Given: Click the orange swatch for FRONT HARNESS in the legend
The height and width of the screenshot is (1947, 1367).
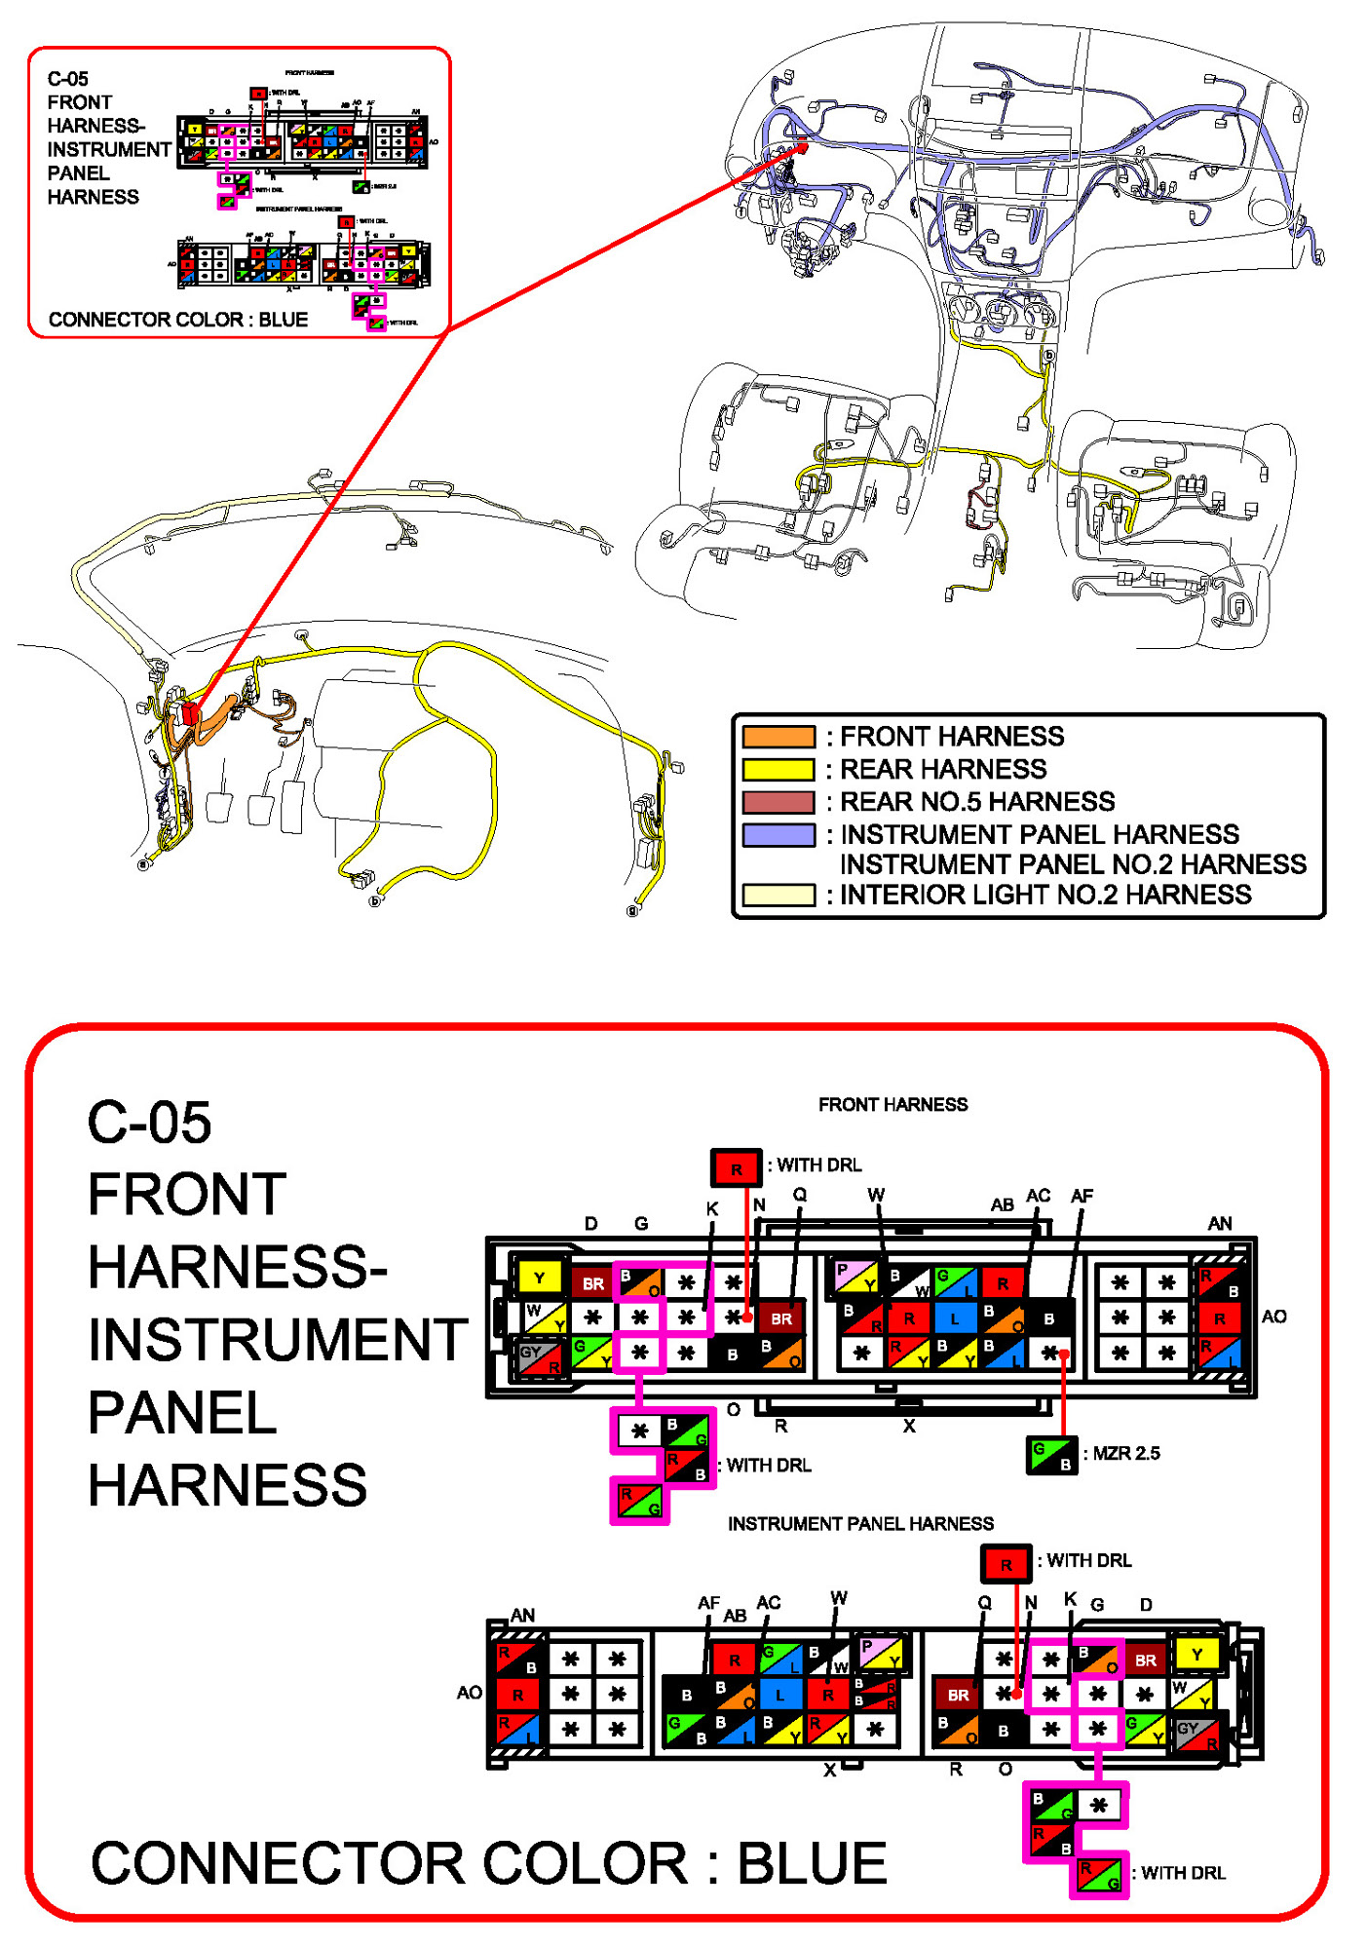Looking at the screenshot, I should coord(778,737).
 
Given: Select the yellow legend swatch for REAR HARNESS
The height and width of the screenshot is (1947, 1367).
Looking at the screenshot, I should coord(778,770).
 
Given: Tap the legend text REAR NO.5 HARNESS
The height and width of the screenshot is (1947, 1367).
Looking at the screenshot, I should coord(976,802).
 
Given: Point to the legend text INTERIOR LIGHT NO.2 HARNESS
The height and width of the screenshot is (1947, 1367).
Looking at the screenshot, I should coord(1044,895).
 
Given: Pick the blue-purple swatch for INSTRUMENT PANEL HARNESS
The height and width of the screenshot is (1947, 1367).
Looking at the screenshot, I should coord(778,835).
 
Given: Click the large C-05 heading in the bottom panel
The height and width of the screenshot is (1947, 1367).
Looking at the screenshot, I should coord(149,1123).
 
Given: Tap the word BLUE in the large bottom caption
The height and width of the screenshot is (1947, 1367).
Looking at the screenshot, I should coord(811,1864).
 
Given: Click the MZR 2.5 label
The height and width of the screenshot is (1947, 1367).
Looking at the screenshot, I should coord(1125,1453).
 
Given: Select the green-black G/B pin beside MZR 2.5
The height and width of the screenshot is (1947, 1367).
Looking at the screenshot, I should coord(1052,1455).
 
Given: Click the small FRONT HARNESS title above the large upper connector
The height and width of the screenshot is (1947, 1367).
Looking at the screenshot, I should coord(892,1104).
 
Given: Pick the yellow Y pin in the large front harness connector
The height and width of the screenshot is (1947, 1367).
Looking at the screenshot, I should coord(539,1278).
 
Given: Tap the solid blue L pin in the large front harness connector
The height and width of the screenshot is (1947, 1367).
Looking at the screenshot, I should coord(956,1318).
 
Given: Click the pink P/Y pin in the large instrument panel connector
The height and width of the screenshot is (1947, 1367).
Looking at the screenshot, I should coord(881,1653).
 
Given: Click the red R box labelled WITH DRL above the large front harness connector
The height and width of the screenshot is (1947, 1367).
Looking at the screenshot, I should coord(736,1167).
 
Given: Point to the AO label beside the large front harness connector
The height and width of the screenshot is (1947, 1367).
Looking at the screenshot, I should coord(1273,1317).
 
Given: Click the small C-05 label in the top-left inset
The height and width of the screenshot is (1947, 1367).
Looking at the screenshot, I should coord(67,79).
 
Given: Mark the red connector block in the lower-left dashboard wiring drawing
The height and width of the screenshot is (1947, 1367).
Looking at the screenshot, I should coord(189,713).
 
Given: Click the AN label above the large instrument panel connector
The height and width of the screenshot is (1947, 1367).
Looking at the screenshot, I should coord(522,1615).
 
